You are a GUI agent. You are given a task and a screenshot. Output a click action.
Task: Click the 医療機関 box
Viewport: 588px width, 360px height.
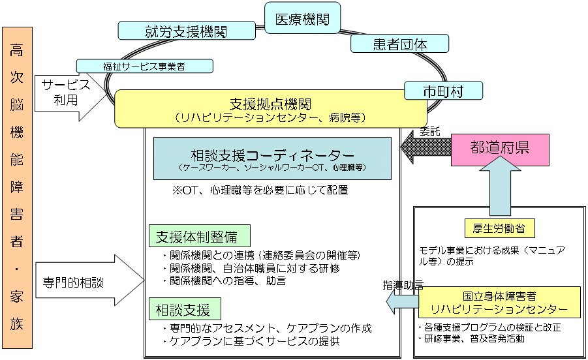(302, 20)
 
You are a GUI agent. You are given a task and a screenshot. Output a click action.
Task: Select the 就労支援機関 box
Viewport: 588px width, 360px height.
(187, 31)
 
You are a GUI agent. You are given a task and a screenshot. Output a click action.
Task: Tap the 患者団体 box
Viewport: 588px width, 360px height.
(399, 44)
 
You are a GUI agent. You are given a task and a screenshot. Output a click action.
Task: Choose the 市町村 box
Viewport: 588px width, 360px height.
(442, 91)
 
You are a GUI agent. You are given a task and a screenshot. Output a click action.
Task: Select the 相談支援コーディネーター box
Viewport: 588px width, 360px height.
(272, 158)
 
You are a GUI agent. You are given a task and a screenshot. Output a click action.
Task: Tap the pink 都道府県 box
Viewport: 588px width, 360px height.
(499, 147)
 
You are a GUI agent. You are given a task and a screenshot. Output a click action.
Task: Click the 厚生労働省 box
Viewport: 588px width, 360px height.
(499, 228)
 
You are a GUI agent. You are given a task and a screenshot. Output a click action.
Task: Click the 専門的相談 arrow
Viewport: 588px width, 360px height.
(89, 282)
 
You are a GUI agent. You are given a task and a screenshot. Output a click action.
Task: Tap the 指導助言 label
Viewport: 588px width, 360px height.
(403, 286)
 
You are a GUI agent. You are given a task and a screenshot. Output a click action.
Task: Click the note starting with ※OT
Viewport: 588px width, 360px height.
(260, 190)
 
